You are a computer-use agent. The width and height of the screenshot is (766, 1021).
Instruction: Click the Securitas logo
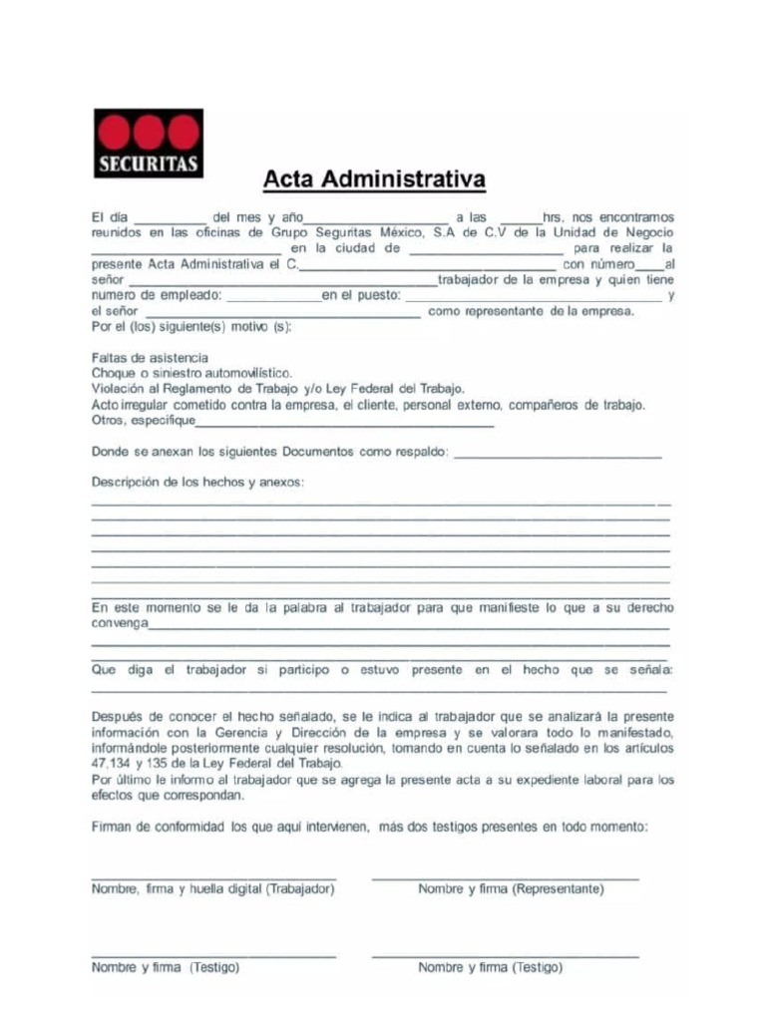click(148, 144)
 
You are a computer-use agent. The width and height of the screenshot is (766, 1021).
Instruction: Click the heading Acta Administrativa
click(374, 180)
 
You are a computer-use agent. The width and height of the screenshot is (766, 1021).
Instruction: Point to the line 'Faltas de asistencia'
click(150, 357)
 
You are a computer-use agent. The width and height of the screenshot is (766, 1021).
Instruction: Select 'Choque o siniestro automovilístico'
click(191, 373)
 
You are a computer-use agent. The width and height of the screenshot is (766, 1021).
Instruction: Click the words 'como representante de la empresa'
click(531, 312)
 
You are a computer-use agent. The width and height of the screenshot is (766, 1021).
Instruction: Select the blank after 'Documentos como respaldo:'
click(558, 455)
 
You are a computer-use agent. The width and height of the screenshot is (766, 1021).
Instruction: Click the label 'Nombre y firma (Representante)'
click(511, 888)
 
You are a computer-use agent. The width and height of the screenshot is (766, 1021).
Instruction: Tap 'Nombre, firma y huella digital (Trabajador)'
click(212, 888)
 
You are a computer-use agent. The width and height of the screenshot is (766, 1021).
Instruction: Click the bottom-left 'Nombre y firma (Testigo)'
click(165, 967)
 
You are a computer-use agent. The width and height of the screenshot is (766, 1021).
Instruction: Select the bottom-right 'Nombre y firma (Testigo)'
click(490, 967)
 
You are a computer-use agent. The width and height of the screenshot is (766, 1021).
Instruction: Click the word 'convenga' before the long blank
click(120, 623)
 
